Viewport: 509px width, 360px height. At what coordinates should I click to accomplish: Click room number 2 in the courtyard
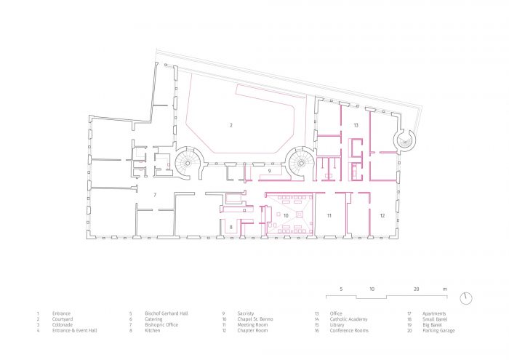[231, 126]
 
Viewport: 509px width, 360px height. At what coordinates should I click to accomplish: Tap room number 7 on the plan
[155, 195]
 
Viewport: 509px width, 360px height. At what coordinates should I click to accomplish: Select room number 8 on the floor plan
[231, 228]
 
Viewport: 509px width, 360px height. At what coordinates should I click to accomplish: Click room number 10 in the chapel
[286, 216]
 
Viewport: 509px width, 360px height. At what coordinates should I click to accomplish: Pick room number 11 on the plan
[329, 216]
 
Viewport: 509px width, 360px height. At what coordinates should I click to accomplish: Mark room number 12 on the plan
[382, 216]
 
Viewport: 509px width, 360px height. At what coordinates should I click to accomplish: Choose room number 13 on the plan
[356, 126]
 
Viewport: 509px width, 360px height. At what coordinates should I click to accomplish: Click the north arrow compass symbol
[466, 299]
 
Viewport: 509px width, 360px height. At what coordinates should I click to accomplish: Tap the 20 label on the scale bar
[417, 289]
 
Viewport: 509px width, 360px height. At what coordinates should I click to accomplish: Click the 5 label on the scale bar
[340, 289]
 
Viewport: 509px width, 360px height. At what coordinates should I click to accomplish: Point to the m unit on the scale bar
[445, 289]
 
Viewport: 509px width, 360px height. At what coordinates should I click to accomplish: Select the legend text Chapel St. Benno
[254, 319]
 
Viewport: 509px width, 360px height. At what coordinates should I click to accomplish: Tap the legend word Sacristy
[245, 313]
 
